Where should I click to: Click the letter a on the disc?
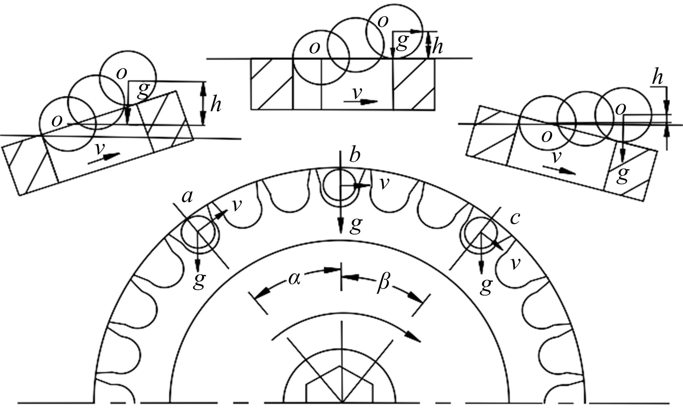[x=187, y=197]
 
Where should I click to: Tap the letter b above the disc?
[x=355, y=155]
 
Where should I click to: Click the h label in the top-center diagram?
[x=437, y=47]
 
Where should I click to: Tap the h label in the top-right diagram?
[x=657, y=78]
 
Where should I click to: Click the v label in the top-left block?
[x=99, y=150]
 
